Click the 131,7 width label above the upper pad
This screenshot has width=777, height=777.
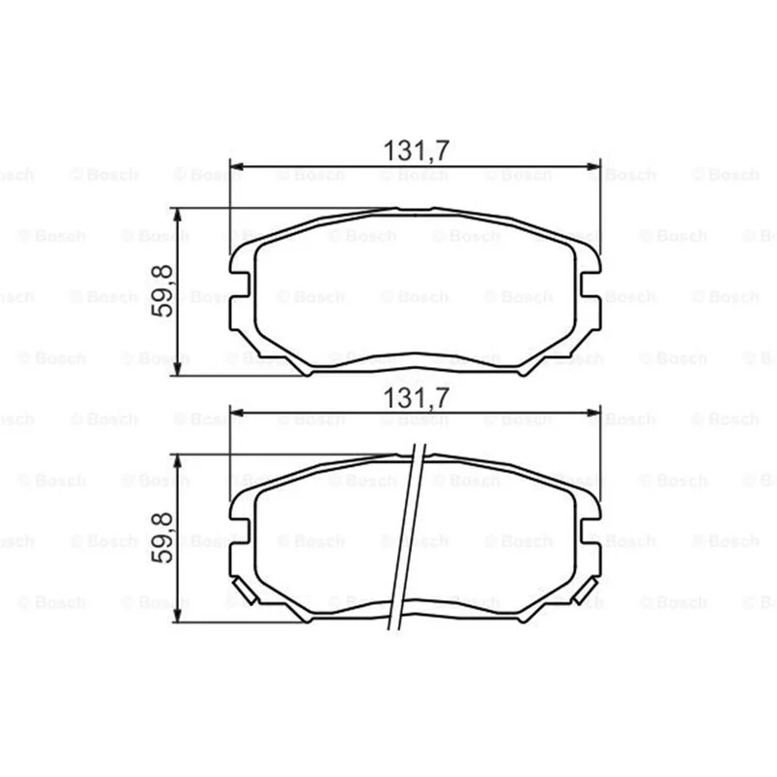click(417, 151)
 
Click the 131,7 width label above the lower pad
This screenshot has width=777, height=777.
click(417, 397)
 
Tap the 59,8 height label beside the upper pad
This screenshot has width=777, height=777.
click(162, 291)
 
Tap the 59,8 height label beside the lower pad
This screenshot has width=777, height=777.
click(162, 538)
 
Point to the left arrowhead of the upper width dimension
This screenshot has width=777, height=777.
click(237, 166)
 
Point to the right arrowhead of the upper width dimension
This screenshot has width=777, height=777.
click(593, 166)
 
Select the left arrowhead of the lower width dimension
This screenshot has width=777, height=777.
click(237, 412)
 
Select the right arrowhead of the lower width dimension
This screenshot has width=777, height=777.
click(593, 412)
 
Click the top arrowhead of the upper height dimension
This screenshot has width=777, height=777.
click(178, 216)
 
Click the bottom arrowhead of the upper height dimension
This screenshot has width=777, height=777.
click(178, 368)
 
